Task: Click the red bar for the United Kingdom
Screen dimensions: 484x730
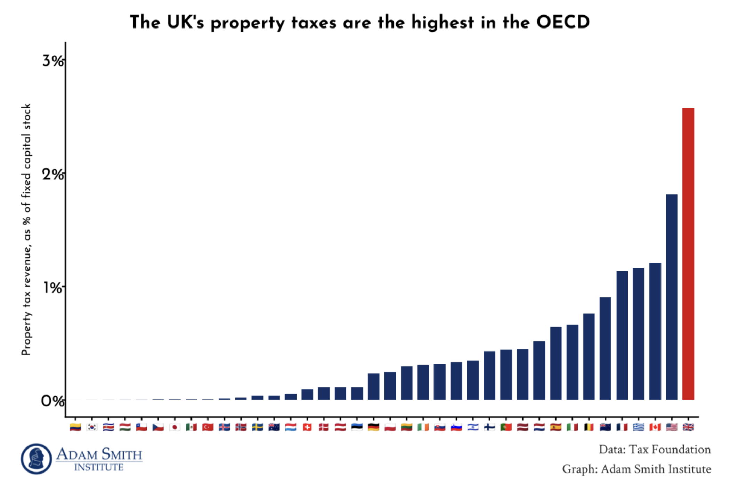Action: click(688, 254)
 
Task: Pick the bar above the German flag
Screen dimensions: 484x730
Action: click(374, 386)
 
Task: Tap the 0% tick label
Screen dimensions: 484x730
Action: click(52, 401)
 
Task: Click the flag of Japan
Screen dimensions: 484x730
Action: click(175, 427)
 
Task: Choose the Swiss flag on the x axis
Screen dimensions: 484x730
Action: click(307, 427)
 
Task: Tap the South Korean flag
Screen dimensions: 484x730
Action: click(92, 427)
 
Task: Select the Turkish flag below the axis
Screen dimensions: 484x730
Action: click(208, 427)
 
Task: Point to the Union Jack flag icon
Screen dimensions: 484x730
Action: click(688, 427)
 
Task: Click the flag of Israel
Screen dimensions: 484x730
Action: click(473, 427)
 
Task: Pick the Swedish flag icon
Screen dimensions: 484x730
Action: click(258, 427)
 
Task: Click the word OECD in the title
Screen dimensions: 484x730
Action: click(563, 22)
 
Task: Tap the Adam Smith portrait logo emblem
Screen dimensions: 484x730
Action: click(36, 459)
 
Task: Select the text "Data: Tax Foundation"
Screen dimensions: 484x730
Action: click(654, 450)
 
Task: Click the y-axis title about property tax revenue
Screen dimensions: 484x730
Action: click(26, 229)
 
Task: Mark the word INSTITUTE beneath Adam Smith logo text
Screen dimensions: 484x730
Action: click(99, 467)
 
